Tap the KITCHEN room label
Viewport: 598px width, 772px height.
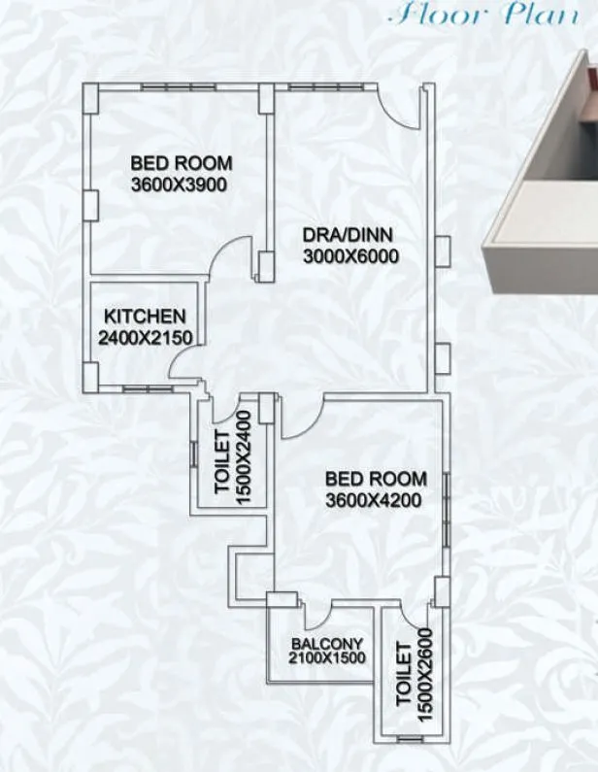(x=145, y=317)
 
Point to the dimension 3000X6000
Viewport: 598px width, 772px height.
(x=350, y=256)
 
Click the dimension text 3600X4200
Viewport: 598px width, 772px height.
(x=375, y=500)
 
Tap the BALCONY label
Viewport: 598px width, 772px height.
(x=326, y=644)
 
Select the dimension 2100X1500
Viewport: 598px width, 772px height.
(x=326, y=658)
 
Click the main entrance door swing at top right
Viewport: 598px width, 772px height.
(x=398, y=106)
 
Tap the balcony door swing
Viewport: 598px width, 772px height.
(x=317, y=616)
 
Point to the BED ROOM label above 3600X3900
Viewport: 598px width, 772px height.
(x=182, y=163)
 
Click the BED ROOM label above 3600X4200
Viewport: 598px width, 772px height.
(x=375, y=479)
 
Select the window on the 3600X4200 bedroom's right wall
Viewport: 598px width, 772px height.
(x=446, y=510)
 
